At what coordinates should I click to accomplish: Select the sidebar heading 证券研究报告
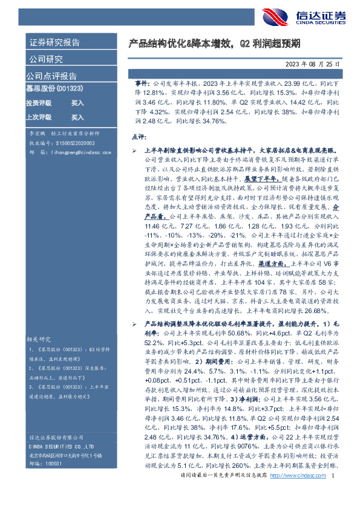pyautogui.click(x=54, y=43)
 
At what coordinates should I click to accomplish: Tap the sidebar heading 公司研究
pyautogui.click(x=46, y=59)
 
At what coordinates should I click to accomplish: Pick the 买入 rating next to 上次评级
pyautogui.click(x=77, y=117)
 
